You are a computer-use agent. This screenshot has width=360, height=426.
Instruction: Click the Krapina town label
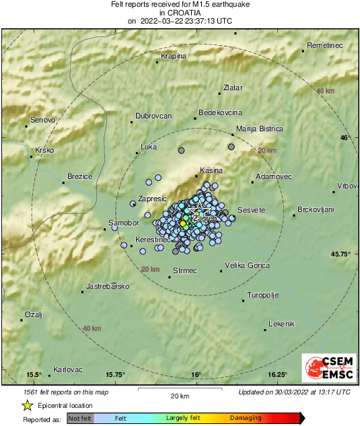click(174, 56)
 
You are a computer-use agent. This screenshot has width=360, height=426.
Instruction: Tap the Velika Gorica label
click(246, 265)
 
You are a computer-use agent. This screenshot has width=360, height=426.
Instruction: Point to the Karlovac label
click(67, 369)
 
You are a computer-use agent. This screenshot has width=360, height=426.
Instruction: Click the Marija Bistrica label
click(259, 129)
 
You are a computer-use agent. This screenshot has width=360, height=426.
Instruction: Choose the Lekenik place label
click(281, 324)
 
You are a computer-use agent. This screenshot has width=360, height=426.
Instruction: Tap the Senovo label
click(42, 120)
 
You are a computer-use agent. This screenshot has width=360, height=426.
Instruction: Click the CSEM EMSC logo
click(327, 368)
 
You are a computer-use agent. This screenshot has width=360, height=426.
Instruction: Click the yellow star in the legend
click(28, 405)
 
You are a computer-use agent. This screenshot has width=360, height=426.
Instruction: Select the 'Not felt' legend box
click(80, 419)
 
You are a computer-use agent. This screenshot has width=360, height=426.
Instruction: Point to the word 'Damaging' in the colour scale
click(246, 419)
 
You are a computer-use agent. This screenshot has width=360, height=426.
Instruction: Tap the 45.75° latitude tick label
click(341, 254)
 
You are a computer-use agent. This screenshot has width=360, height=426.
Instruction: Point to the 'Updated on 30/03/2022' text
click(294, 392)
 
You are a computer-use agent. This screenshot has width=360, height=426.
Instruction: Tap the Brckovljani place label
click(316, 210)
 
